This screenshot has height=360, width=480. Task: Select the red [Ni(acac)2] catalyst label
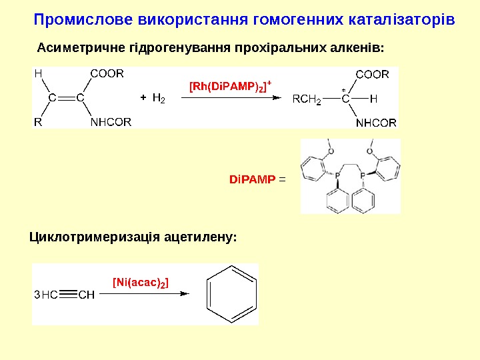coord(141,283)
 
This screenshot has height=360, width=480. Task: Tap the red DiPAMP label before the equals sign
coord(252,179)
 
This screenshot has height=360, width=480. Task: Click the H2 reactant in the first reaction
coord(159,98)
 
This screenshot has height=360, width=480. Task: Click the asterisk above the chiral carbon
coord(343,89)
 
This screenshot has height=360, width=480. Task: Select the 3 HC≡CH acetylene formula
coord(64,294)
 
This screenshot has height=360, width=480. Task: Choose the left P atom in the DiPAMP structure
coord(337,175)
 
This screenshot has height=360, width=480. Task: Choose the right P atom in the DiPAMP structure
coord(363,175)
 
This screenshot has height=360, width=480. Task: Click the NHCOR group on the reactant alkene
coord(111,122)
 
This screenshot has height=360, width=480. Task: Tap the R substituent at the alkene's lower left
coord(38,122)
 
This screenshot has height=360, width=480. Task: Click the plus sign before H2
coord(143,98)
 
